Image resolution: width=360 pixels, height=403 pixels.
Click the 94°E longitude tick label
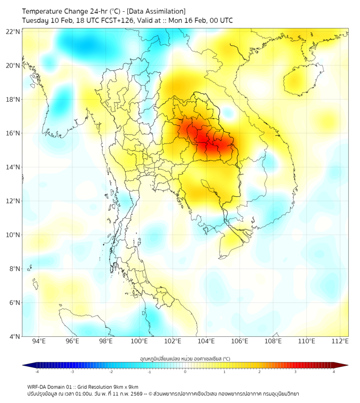pos(39,341)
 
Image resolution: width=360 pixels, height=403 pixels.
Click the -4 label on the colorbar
pos(36,372)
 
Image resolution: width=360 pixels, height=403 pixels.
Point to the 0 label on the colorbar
pos(185,372)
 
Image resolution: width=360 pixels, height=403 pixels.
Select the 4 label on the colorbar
pos(334,372)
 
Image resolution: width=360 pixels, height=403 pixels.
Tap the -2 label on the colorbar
pos(111,372)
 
